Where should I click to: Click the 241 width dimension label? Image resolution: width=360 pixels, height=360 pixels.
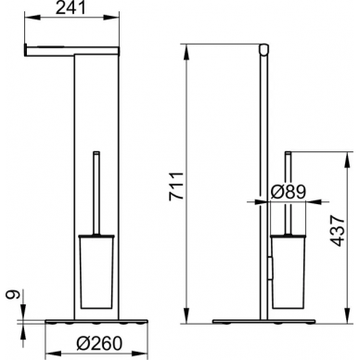click(71, 9)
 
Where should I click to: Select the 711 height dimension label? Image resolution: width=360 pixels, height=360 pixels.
click(176, 186)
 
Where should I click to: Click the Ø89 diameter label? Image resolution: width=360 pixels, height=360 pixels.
click(288, 192)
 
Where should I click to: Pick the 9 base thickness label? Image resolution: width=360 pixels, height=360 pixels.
click(14, 294)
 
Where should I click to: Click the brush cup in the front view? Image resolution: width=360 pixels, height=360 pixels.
click(97, 271)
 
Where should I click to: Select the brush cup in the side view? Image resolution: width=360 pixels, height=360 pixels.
click(288, 271)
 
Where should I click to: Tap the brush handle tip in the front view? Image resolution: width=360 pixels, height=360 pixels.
click(97, 152)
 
